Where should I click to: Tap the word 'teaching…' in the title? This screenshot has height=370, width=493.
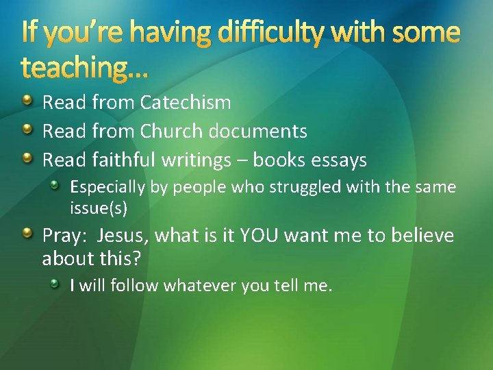86,67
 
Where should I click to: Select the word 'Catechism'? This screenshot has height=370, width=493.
186,103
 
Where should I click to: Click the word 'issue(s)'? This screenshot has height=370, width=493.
99,207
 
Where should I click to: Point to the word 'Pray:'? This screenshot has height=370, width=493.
66,236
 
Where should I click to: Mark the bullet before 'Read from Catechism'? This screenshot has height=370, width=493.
27,102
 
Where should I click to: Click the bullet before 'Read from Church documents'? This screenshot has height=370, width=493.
27,130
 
